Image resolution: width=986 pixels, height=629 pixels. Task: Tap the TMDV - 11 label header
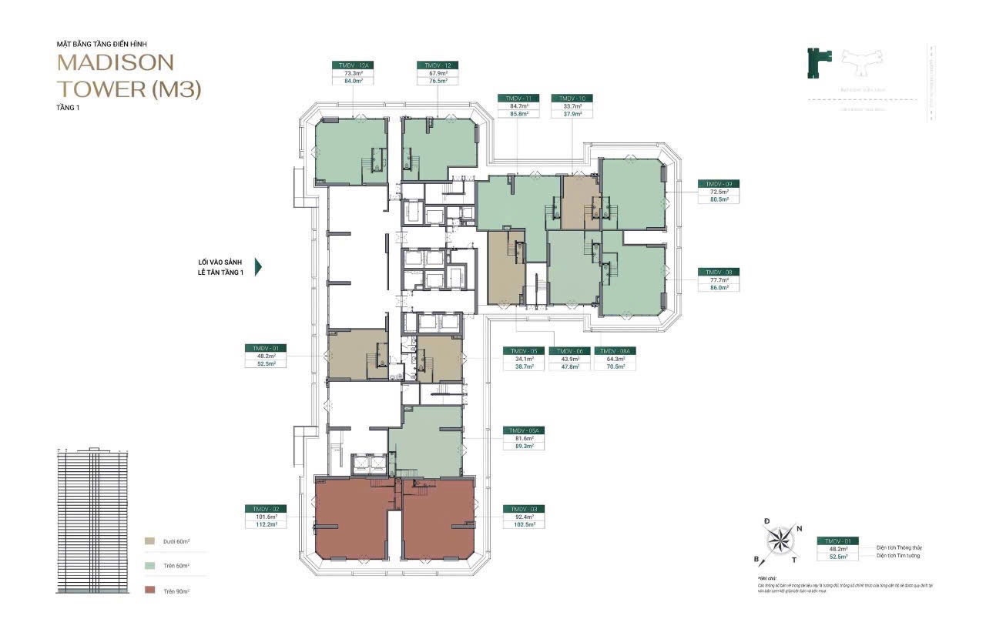(518, 99)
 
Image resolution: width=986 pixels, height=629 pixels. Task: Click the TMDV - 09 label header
(719, 183)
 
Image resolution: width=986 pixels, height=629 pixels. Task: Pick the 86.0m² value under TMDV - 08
(719, 287)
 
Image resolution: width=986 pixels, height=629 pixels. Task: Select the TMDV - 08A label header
(615, 350)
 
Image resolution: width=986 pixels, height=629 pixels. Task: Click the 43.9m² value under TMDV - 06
(569, 358)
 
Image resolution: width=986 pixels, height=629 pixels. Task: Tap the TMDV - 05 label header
(524, 350)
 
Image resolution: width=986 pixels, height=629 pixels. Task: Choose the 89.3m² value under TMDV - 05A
(524, 446)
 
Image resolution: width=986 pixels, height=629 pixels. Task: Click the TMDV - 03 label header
(524, 509)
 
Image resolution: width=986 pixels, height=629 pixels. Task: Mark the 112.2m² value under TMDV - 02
(266, 524)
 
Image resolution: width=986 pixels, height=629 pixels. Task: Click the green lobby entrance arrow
(258, 267)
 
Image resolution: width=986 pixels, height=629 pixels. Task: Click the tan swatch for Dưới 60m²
(149, 542)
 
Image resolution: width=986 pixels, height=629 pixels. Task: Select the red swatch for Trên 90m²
(149, 591)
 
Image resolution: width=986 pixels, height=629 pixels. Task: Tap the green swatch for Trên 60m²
(149, 566)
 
